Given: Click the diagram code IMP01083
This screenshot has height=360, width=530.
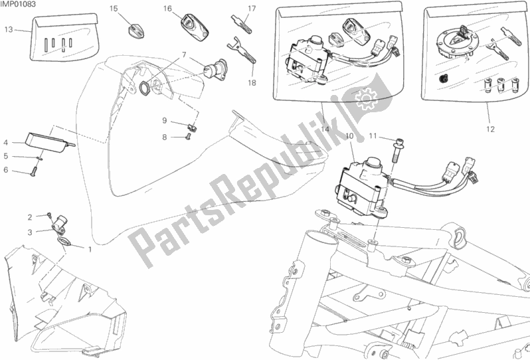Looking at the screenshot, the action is [18, 5].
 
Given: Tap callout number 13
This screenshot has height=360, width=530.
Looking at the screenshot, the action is [9, 30].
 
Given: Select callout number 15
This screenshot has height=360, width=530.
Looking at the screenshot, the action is [114, 9].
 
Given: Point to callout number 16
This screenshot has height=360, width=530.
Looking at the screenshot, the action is [167, 9].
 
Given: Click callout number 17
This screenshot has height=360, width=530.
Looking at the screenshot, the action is [252, 9].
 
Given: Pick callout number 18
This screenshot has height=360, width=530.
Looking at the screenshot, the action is [252, 83].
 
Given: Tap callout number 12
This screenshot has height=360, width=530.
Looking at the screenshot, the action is [490, 129].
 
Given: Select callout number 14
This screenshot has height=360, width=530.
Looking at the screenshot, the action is [325, 129].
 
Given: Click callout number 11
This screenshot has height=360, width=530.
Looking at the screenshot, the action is [373, 136].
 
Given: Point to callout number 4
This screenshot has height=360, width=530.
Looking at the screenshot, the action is [5, 143].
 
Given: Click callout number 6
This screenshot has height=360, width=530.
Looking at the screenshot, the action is [5, 169].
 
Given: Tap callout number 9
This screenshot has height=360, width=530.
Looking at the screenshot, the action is [165, 120].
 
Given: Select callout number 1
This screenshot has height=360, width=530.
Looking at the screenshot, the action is [90, 250].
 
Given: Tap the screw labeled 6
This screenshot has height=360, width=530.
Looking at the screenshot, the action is [33, 173].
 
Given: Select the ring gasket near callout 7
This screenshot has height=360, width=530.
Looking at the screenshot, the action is [146, 87].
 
